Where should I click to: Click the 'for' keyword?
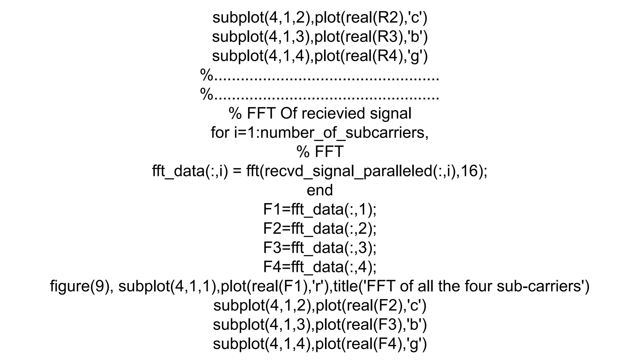pyautogui.click(x=221, y=133)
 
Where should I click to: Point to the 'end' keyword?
pyautogui.click(x=320, y=190)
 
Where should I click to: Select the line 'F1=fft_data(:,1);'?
pyautogui.click(x=320, y=210)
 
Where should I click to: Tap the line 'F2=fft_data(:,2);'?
pyautogui.click(x=320, y=229)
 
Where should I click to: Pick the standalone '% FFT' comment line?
pyautogui.click(x=320, y=152)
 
